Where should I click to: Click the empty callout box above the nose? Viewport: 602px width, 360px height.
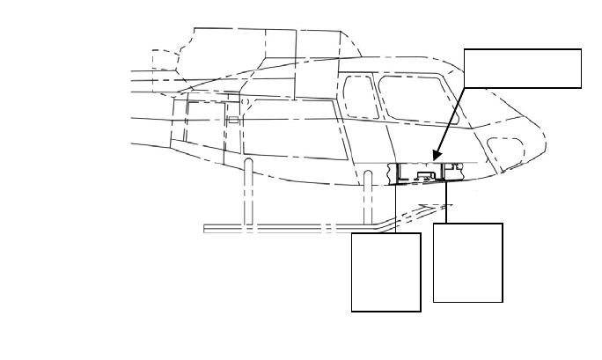point(523,69)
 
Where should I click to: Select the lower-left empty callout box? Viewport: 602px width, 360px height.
point(385,272)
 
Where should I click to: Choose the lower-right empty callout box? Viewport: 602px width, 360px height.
point(468,262)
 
